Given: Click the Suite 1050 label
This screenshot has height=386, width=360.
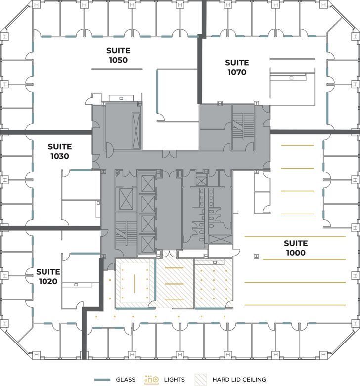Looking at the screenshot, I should point(118,55).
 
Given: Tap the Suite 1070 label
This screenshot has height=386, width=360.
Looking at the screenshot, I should point(237,67).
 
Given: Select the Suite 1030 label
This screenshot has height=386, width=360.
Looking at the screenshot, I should point(60,151).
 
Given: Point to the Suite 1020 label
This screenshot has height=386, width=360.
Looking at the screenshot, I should point(48,277).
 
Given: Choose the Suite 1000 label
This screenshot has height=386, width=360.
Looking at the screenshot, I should point(296,248).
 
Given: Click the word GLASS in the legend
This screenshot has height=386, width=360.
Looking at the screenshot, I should point(126,380).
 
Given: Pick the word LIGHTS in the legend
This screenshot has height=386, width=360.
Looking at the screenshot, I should point(174,380).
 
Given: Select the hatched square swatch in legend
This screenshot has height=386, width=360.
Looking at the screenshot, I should point(202,380).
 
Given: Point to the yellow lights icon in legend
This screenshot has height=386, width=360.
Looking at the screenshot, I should point(151,380).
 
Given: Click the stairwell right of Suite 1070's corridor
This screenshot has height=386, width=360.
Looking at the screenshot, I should point(243,126).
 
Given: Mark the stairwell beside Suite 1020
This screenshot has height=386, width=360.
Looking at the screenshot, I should point(127,234).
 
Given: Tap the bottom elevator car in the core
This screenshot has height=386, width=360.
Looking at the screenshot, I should point(148,243).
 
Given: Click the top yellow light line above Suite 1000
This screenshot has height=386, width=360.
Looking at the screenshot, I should point(297,145).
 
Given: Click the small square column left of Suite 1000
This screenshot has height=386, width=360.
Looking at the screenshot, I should point(256,256).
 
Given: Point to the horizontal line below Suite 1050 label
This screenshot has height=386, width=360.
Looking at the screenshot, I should point(118,68).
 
